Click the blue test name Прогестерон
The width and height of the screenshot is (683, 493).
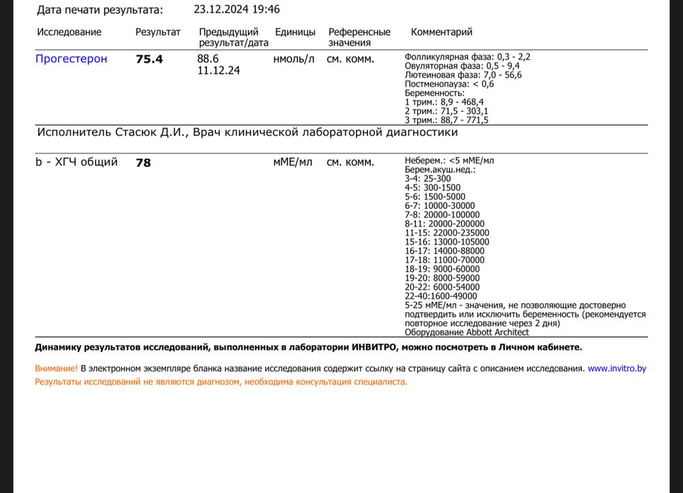tap(71, 59)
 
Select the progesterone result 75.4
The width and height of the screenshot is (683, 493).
tap(150, 59)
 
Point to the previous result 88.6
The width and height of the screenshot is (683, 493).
tap(208, 59)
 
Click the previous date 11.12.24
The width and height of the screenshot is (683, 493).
tap(218, 70)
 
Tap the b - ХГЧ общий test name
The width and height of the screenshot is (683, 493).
tap(76, 163)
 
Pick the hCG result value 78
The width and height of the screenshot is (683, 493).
tap(143, 163)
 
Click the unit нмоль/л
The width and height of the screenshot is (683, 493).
tap(294, 59)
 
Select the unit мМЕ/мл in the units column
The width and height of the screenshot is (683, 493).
tap(292, 163)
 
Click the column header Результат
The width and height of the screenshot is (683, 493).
tap(158, 32)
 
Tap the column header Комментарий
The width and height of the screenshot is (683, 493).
tap(441, 32)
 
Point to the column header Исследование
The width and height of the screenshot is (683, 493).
tap(69, 32)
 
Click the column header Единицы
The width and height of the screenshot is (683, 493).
tap(295, 32)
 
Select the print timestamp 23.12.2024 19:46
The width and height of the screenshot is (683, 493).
tap(236, 10)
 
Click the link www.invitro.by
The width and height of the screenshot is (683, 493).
tap(617, 368)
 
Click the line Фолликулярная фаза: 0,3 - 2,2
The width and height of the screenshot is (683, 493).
tap(467, 57)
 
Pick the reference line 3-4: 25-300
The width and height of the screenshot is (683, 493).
tap(428, 179)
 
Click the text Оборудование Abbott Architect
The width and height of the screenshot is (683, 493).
tap(466, 332)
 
